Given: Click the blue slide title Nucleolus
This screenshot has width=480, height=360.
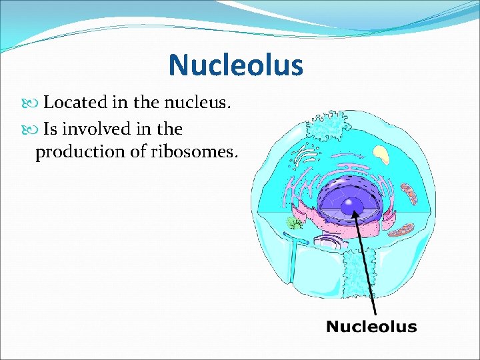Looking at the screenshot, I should tap(235, 65).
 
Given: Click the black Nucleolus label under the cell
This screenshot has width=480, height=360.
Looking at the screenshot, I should tap(371, 327).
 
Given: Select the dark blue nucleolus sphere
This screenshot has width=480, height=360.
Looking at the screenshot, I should tap(351, 206).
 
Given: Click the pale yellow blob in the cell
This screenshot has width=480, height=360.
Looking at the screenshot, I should tap(381, 155).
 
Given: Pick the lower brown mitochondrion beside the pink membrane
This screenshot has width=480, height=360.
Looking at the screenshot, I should tap(401, 231).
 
